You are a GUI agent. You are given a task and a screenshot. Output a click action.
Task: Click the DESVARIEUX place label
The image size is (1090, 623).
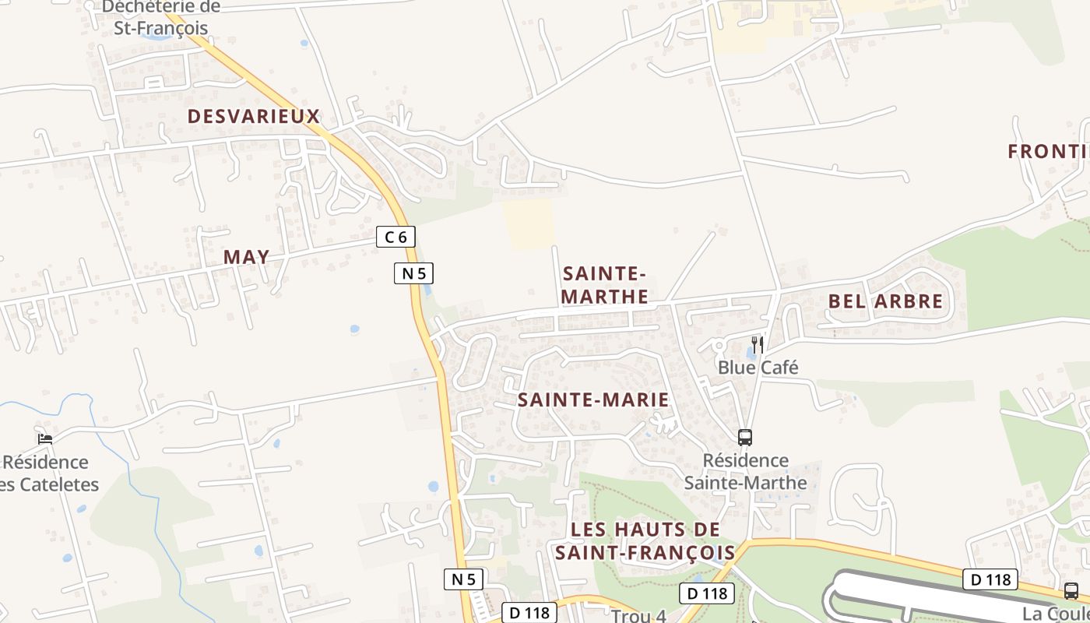pos(254,117)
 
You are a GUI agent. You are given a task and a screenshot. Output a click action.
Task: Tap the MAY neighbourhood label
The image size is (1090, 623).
pos(246,257)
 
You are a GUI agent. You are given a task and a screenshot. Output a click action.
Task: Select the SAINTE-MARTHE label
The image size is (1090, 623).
pos(604,285)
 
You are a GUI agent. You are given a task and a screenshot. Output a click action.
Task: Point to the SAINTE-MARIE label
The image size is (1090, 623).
pos(593,400)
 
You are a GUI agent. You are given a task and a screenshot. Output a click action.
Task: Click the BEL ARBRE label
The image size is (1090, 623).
pos(885,301)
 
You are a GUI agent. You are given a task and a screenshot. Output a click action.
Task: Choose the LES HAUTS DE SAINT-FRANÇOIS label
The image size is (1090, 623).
pos(645,540)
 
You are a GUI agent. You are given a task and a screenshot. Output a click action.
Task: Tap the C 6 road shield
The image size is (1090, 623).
pos(396,237)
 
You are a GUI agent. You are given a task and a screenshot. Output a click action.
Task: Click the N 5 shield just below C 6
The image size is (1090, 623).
pos(413,273)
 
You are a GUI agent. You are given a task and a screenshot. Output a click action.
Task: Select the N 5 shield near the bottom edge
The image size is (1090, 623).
pos(463,579)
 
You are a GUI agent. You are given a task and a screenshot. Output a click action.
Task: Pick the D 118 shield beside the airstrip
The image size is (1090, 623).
pos(990,579)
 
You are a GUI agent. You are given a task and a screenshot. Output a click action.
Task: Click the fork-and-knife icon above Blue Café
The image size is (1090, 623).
pos(756,344)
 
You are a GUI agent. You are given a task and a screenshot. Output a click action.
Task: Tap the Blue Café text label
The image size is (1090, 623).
pos(758,368)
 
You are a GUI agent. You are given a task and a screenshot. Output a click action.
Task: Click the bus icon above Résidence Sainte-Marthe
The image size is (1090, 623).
pos(745,438)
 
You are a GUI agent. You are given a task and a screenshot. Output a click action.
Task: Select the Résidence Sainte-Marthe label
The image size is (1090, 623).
pos(745,471)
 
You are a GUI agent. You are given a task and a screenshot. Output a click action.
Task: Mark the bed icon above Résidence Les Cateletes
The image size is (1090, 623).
pos(45,439)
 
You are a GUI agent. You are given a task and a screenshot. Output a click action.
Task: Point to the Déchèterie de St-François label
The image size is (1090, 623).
pos(161,17)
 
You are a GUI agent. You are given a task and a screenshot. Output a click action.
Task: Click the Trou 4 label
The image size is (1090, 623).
pos(638,616)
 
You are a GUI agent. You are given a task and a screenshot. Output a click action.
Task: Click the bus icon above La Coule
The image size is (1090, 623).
pos(1071,590)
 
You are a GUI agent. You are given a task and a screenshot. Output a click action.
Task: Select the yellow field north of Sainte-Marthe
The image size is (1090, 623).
pos(528,224)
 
